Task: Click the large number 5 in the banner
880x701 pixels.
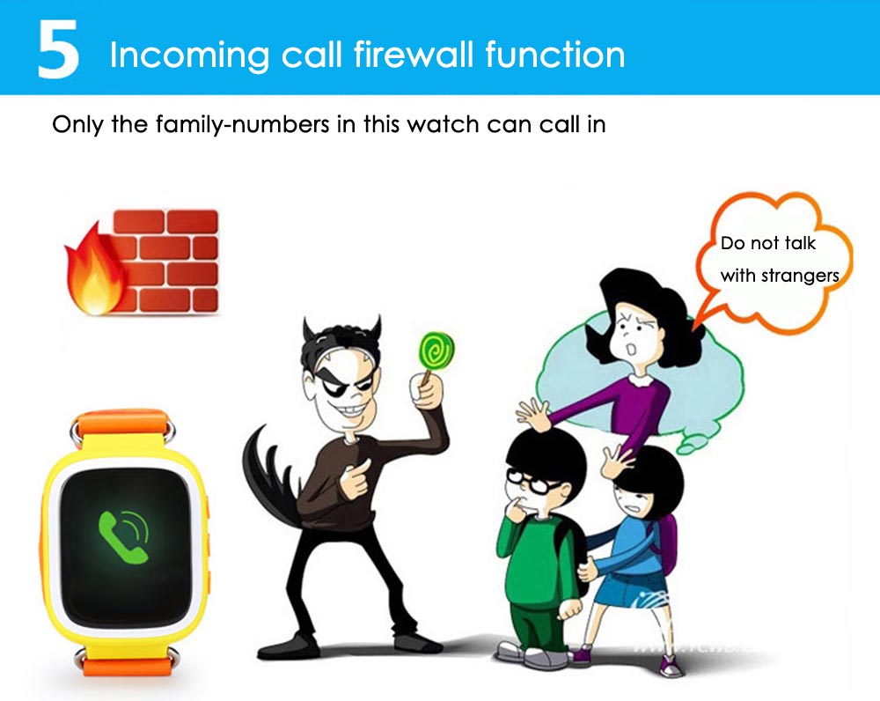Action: coord(58,48)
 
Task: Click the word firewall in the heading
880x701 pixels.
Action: coord(414,55)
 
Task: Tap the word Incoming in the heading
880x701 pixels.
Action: coord(190,56)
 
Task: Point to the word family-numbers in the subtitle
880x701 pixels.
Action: coord(243,125)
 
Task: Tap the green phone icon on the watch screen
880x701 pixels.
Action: coord(123,535)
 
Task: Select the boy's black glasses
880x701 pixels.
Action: coord(533,482)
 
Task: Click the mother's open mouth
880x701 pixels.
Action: coord(631,349)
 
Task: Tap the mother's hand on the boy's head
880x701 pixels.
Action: coord(533,415)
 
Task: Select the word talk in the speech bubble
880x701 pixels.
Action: coord(800,243)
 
